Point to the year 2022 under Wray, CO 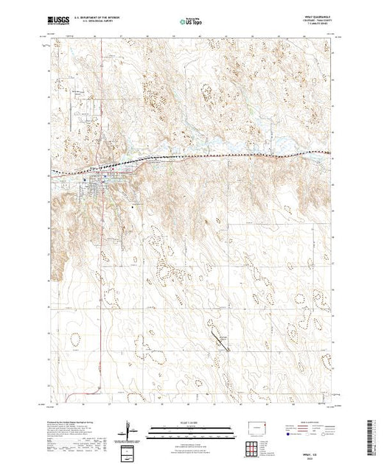[318, 456]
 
